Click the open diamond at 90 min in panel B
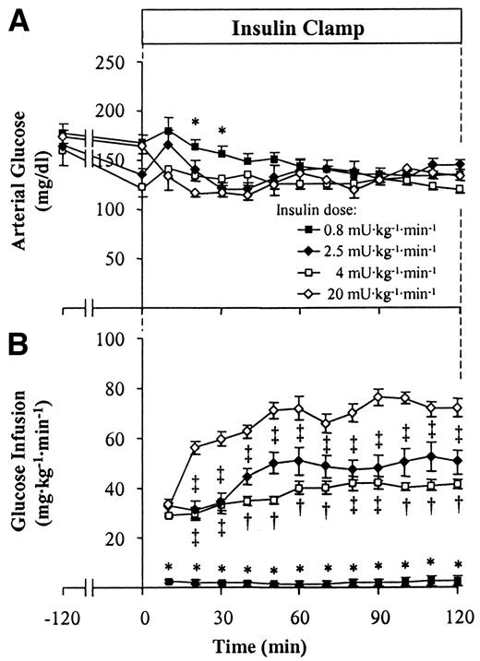379,396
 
